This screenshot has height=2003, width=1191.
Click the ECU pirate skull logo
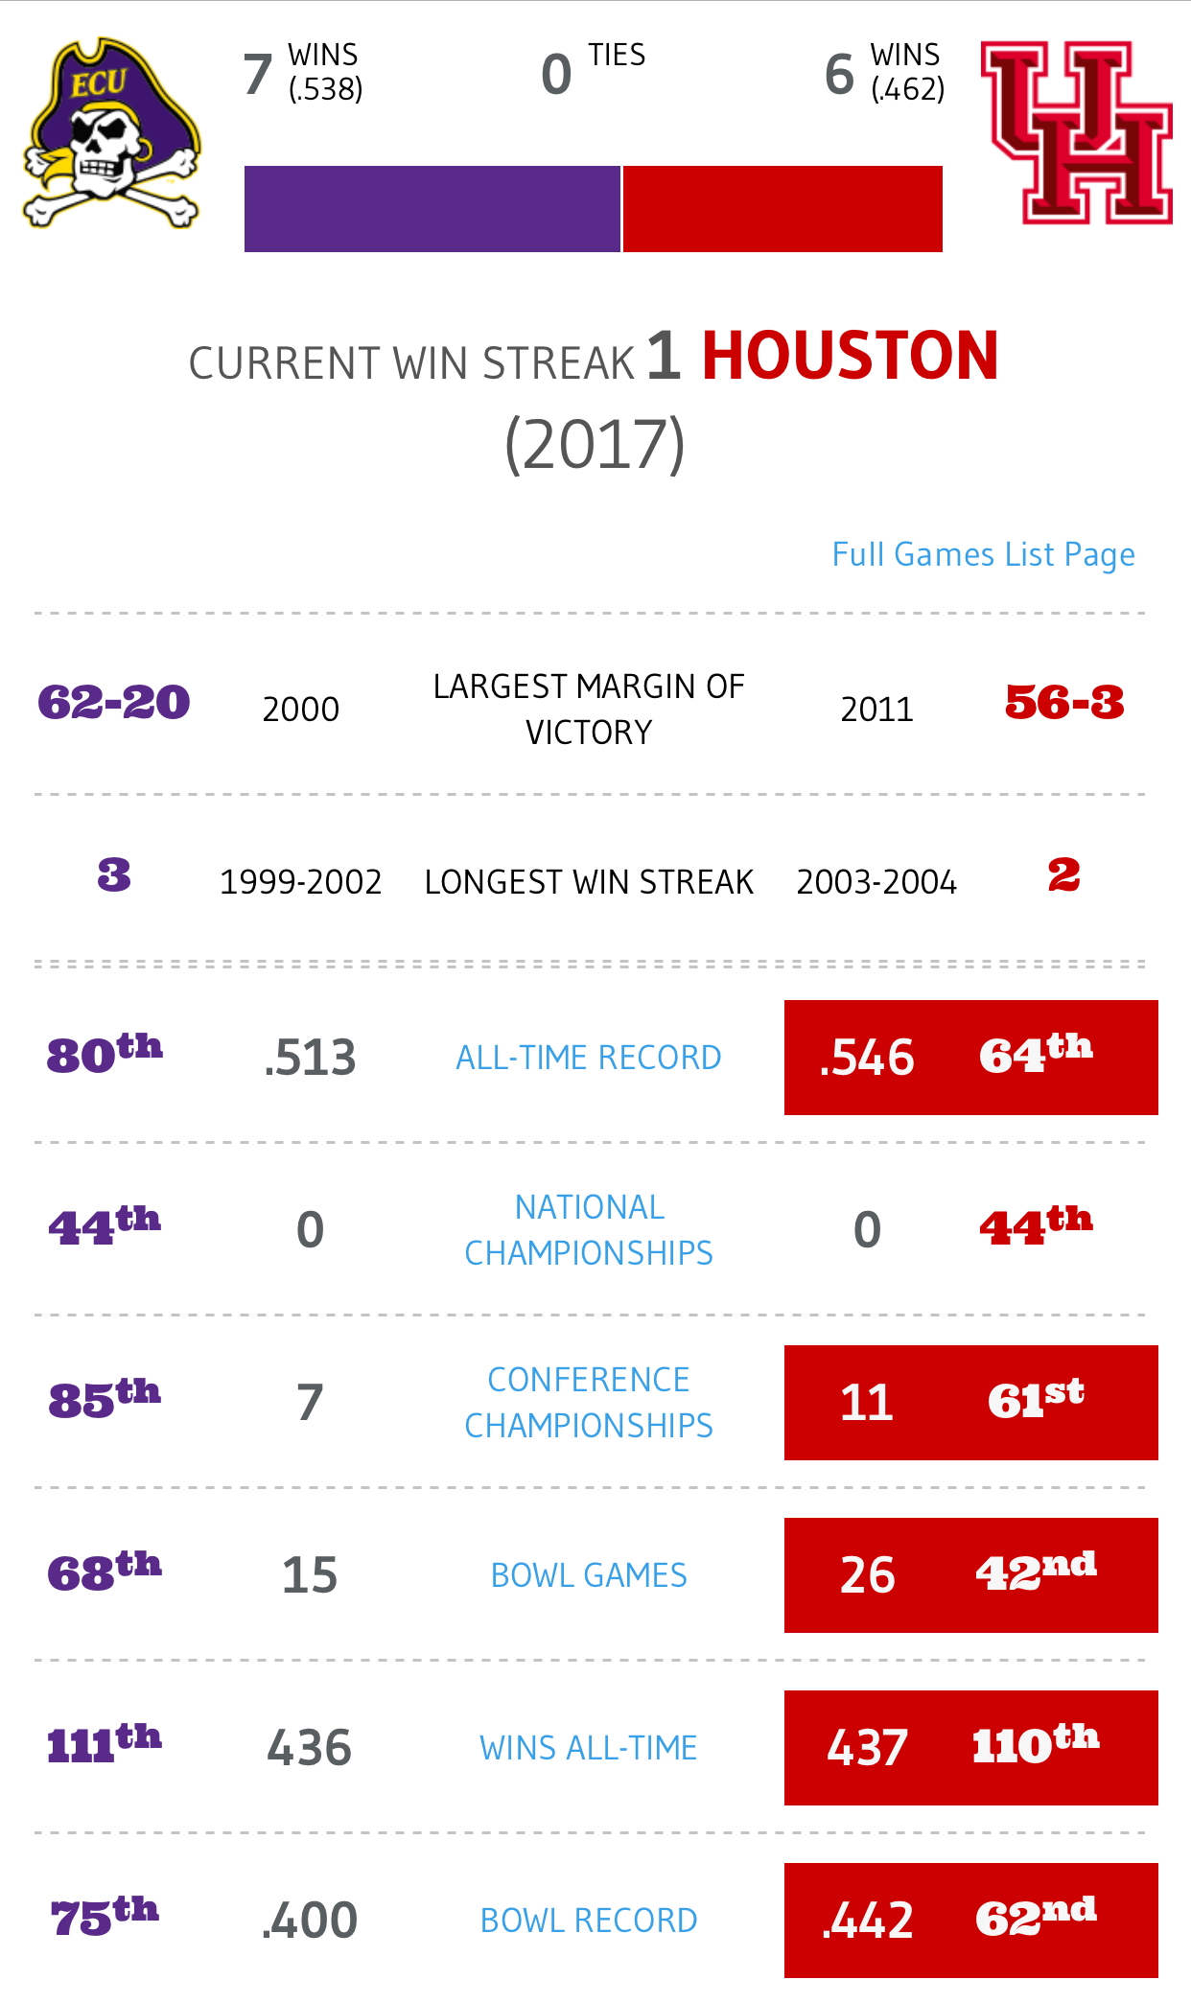tap(111, 134)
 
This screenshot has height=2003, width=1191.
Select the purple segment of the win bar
tap(432, 209)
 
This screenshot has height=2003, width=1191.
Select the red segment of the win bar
tap(782, 209)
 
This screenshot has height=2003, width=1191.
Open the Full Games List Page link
tap(983, 554)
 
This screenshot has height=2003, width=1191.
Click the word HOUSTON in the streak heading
tap(851, 357)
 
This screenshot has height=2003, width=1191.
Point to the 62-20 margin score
tap(114, 703)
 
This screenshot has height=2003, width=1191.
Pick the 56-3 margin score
tap(1064, 703)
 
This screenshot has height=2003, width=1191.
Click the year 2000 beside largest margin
tap(301, 710)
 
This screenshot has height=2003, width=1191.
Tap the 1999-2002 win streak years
tap(301, 882)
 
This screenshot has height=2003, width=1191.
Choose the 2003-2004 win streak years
tap(876, 882)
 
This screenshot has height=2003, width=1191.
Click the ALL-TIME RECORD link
tap(589, 1058)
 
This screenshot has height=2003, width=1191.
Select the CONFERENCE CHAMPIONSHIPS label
tap(589, 1403)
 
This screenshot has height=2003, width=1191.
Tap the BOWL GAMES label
tap(589, 1575)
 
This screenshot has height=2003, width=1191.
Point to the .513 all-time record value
tap(310, 1058)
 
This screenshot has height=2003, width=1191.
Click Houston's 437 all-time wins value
tap(867, 1748)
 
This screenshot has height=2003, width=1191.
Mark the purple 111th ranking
tap(105, 1744)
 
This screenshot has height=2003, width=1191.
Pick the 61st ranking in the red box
tap(1036, 1400)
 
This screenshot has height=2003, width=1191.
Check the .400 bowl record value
tap(310, 1921)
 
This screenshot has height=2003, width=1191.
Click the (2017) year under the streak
tap(595, 444)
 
